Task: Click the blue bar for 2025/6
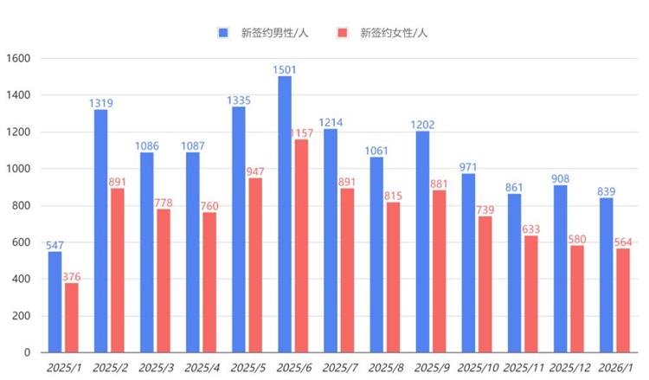(x=285, y=215)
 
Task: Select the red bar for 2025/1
(x=71, y=318)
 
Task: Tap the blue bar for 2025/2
(x=100, y=231)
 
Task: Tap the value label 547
(x=55, y=245)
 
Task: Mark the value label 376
(x=72, y=276)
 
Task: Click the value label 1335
(x=239, y=100)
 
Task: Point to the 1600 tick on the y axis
(x=18, y=59)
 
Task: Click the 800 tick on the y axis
(x=21, y=206)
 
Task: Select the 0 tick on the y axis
(x=28, y=352)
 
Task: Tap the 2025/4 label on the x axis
(x=202, y=369)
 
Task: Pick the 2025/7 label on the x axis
(x=340, y=369)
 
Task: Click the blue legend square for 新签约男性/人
(x=223, y=33)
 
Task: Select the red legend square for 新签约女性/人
(x=343, y=33)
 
